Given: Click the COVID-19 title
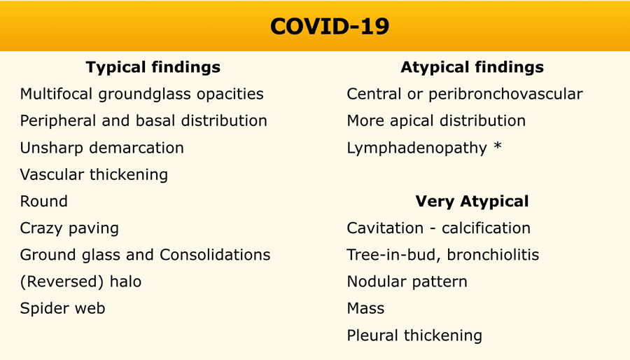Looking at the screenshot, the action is pyautogui.click(x=330, y=27).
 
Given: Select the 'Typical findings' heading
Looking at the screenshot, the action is pyautogui.click(x=153, y=67).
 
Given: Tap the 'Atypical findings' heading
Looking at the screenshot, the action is pyautogui.click(x=472, y=67).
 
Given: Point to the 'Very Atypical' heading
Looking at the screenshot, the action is pyautogui.click(x=472, y=201).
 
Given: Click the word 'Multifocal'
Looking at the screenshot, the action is pyautogui.click(x=57, y=94).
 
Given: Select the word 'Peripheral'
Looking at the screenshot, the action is pyautogui.click(x=58, y=121).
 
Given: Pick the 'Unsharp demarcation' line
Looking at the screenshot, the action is pyautogui.click(x=102, y=148).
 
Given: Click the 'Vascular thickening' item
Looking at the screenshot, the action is pyautogui.click(x=94, y=175).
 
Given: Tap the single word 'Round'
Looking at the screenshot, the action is pyautogui.click(x=44, y=201).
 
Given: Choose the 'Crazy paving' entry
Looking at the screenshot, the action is pyautogui.click(x=69, y=228).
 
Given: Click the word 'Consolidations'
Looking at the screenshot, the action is pyautogui.click(x=215, y=255).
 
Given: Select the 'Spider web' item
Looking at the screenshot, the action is pyautogui.click(x=63, y=309).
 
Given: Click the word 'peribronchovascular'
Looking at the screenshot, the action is pyautogui.click(x=505, y=95).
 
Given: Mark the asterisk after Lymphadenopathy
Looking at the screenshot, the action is pyautogui.click(x=498, y=146).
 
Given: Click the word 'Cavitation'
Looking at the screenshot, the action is pyautogui.click(x=385, y=228).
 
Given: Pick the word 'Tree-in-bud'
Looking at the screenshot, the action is pyautogui.click(x=393, y=255).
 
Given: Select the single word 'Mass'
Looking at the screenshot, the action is pyautogui.click(x=365, y=309).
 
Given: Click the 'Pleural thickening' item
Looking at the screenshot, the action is pyautogui.click(x=414, y=335).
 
